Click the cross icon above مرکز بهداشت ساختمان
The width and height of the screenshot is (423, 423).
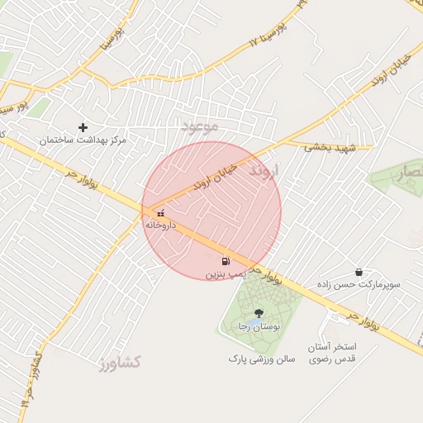pos(83,127)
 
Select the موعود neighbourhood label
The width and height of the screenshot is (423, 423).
pos(200,126)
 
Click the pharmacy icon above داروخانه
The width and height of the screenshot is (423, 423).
pos(160,213)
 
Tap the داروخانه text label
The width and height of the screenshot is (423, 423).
pos(160,225)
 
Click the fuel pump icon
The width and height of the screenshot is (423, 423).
pos(226,261)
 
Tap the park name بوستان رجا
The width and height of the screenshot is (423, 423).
pos(255,326)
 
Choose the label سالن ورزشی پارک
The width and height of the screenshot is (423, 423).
pos(262,359)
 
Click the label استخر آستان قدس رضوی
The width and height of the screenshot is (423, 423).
pos(332,352)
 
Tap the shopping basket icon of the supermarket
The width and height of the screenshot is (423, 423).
pos(359,272)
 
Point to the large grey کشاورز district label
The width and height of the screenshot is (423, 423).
pos(119,362)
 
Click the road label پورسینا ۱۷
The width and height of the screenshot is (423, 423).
pos(270,34)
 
